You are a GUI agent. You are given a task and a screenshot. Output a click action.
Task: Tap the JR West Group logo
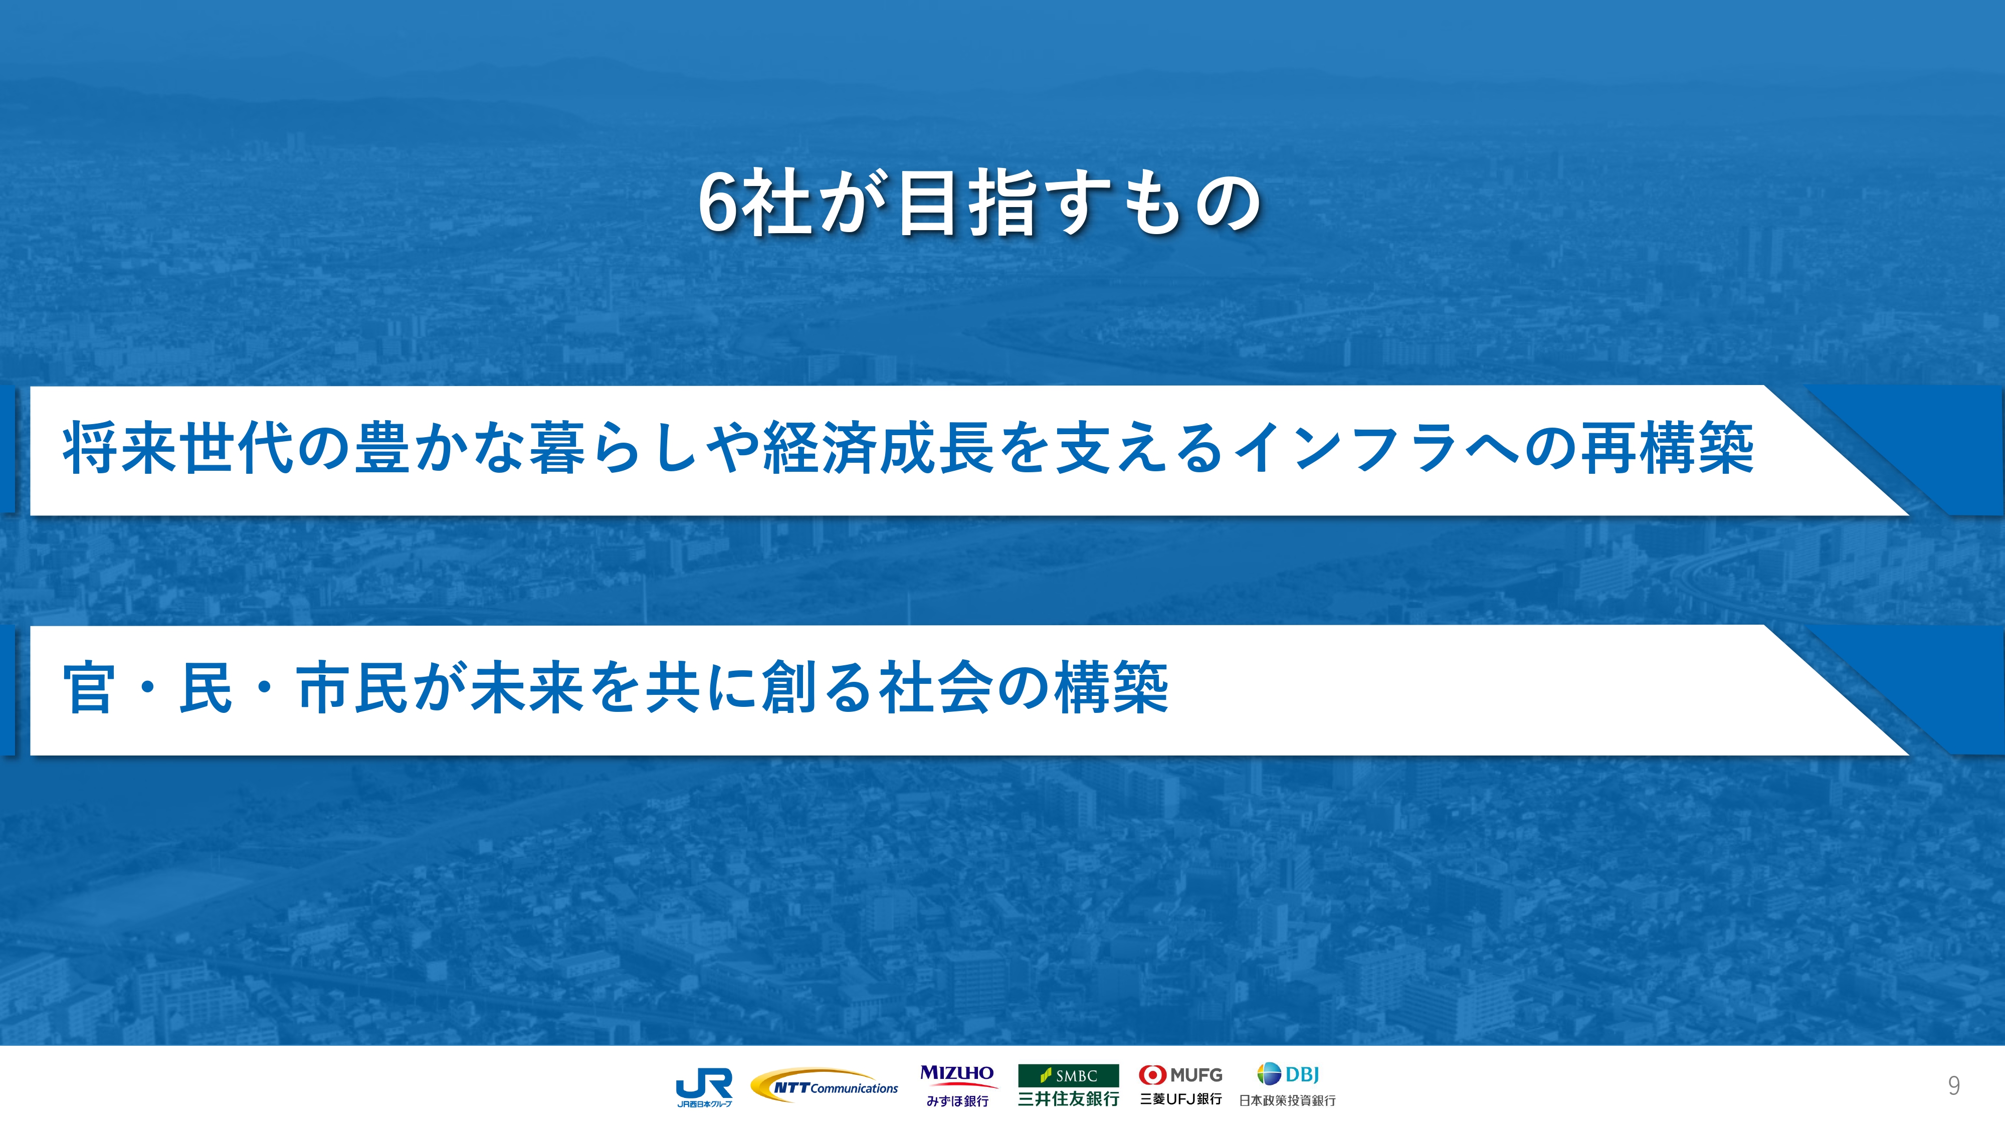(704, 1087)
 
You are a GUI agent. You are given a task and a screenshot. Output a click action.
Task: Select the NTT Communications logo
(824, 1086)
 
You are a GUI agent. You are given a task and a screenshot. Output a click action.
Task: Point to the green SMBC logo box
(1069, 1075)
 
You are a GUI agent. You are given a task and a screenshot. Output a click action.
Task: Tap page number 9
(1954, 1086)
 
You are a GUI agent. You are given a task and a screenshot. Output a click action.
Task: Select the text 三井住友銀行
(1069, 1098)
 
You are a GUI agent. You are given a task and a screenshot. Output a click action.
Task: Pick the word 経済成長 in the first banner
(880, 448)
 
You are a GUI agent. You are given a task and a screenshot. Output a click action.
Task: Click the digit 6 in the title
(718, 204)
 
